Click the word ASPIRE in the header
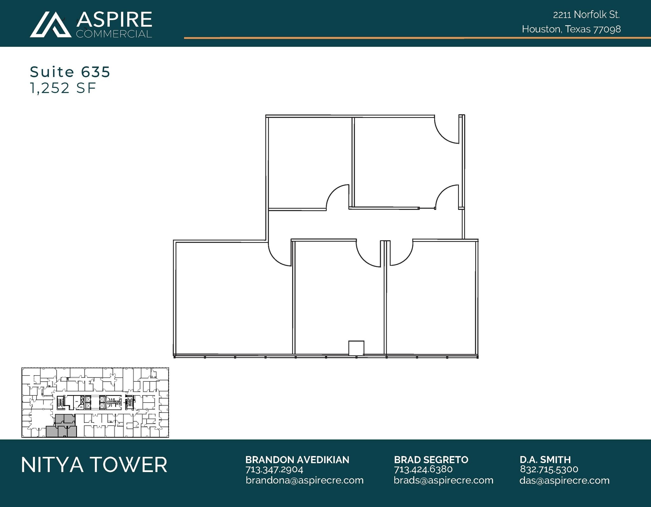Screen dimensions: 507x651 click(x=114, y=19)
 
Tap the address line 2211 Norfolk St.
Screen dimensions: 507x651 click(x=586, y=15)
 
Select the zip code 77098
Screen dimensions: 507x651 click(x=607, y=29)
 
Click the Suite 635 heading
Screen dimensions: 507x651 click(x=70, y=72)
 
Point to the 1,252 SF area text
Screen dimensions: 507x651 click(x=63, y=88)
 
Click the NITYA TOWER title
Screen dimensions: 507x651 click(x=94, y=465)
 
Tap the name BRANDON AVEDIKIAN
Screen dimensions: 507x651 click(x=297, y=460)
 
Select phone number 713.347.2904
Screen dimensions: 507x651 click(x=274, y=469)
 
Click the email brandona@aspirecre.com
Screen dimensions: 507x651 click(x=305, y=480)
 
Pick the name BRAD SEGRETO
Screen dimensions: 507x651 click(x=431, y=460)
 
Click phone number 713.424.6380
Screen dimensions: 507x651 click(x=423, y=469)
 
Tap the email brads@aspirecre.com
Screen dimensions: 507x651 click(x=443, y=480)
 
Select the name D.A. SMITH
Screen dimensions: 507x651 click(x=545, y=460)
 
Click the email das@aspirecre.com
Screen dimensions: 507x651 click(x=564, y=480)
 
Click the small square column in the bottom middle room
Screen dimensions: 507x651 click(x=356, y=348)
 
